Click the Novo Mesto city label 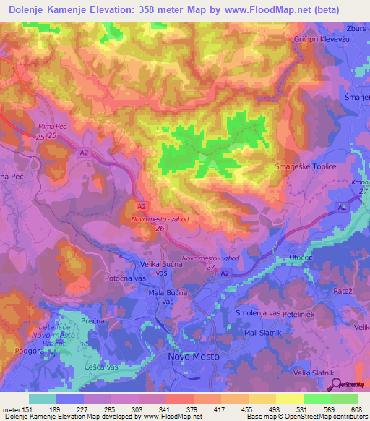[x=193, y=357]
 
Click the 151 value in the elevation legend [x=25, y=409]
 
